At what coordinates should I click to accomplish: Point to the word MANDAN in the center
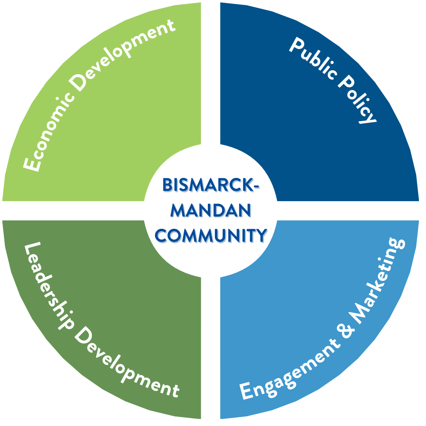(211, 212)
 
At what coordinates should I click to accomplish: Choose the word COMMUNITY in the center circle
(211, 237)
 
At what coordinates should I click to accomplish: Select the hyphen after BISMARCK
(257, 186)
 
